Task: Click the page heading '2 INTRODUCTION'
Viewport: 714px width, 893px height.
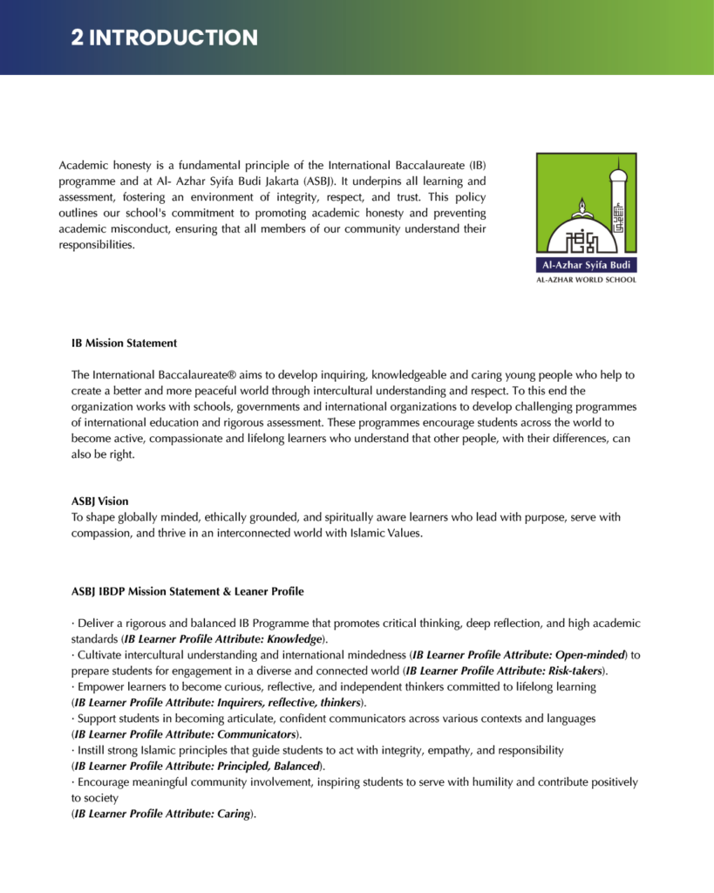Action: tap(165, 37)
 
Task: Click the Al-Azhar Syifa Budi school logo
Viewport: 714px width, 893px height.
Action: tap(586, 214)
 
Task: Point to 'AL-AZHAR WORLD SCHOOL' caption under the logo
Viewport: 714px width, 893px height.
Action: tap(586, 280)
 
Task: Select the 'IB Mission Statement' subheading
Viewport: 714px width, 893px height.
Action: tap(125, 343)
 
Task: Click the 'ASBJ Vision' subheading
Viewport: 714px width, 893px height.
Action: tap(100, 501)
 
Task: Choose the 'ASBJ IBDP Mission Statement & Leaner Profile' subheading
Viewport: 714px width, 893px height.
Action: tap(187, 591)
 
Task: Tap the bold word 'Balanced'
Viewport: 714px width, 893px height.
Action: tap(293, 766)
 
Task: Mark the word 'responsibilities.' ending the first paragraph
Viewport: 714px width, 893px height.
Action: tap(97, 244)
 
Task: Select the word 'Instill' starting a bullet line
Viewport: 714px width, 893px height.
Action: tap(94, 750)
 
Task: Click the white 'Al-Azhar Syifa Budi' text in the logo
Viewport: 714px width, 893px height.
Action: tap(586, 265)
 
